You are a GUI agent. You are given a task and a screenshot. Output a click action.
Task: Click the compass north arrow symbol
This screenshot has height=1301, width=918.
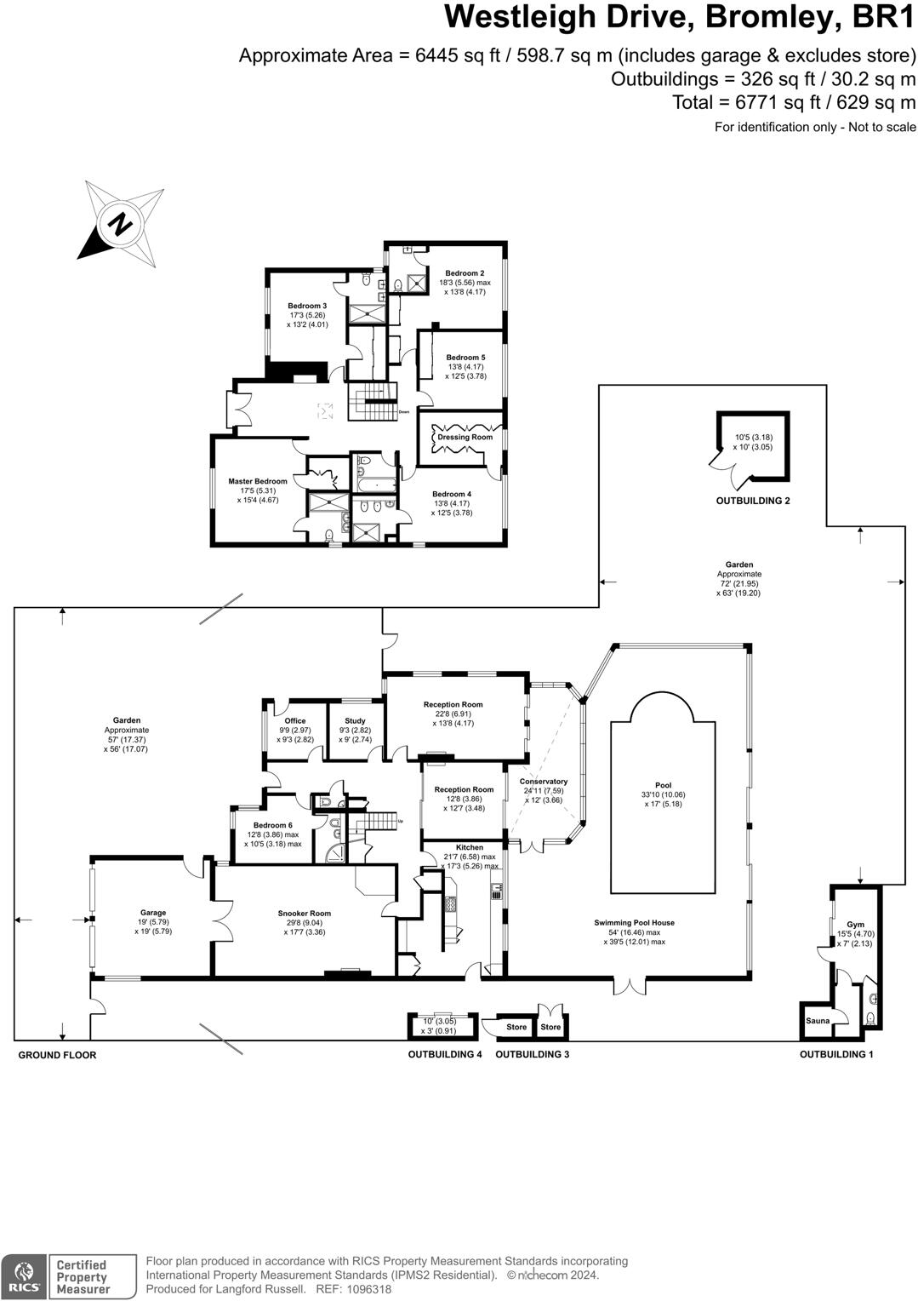(120, 224)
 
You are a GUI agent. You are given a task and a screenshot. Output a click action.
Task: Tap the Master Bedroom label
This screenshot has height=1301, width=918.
(257, 481)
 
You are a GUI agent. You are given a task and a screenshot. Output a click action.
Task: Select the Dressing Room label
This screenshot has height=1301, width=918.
(465, 437)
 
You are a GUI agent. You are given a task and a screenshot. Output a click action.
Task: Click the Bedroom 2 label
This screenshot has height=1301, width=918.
(465, 273)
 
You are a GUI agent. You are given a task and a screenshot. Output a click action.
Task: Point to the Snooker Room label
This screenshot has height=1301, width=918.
(304, 914)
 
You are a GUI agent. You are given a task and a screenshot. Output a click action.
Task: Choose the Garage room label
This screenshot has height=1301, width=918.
(153, 913)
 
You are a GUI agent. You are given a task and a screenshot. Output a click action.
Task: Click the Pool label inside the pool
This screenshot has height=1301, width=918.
(663, 785)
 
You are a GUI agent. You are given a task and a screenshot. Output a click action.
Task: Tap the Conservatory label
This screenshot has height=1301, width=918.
(543, 782)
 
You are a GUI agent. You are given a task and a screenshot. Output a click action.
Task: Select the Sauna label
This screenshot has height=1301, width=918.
(818, 1020)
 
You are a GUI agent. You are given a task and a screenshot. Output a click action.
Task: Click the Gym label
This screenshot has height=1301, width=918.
(855, 925)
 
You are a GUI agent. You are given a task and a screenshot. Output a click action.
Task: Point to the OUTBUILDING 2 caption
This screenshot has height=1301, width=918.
(752, 501)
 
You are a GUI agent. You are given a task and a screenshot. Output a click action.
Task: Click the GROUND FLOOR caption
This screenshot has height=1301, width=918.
(57, 1055)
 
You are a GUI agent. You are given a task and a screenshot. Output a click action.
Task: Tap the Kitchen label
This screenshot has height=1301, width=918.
(469, 847)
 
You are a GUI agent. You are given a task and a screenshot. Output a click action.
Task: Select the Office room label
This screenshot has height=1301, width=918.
(295, 721)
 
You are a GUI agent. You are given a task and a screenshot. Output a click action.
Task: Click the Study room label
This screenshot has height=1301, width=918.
(355, 721)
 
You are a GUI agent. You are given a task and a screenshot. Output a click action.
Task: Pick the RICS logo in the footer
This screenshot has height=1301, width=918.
(24, 1276)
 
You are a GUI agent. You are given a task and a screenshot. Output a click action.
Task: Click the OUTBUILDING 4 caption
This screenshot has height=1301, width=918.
(444, 1054)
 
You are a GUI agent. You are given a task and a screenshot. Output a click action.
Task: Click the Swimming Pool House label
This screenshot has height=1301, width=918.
(634, 923)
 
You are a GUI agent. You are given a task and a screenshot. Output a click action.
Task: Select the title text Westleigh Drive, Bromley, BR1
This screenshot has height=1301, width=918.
(680, 17)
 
